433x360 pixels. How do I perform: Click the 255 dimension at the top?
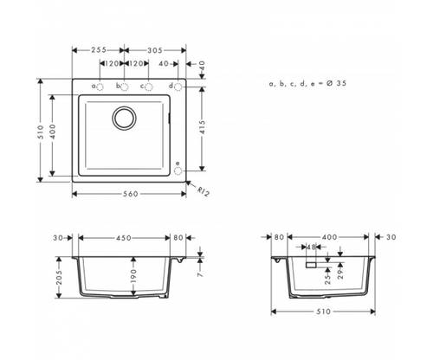pyautogui.click(x=99, y=50)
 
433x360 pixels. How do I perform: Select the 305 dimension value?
pyautogui.click(x=155, y=50)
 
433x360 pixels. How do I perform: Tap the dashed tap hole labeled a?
pyautogui.click(x=100, y=87)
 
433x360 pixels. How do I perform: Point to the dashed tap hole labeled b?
pyautogui.click(x=125, y=87)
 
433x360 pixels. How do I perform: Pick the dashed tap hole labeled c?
pyautogui.click(x=149, y=87)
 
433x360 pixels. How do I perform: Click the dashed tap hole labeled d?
pyautogui.click(x=178, y=87)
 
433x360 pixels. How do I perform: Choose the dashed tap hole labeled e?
pyautogui.click(x=178, y=170)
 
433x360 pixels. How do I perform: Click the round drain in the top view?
pyautogui.click(x=125, y=118)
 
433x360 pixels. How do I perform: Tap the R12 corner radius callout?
pyautogui.click(x=203, y=191)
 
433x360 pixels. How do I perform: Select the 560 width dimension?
pyautogui.click(x=131, y=194)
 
